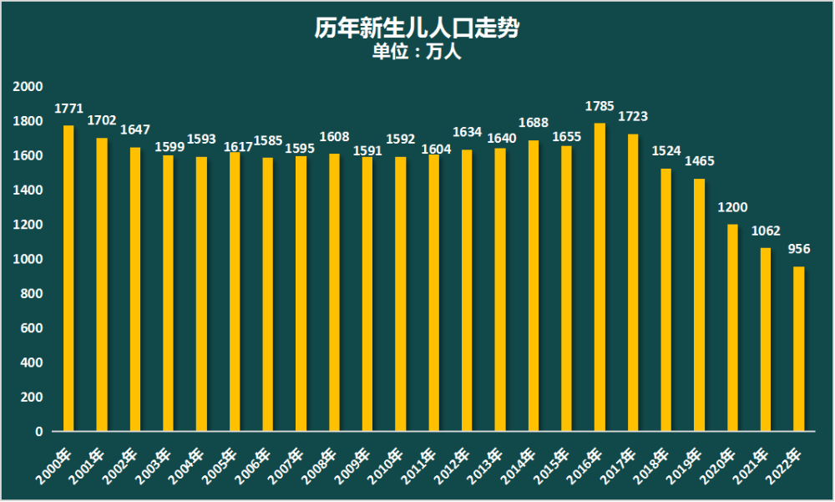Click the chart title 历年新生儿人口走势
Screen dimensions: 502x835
pyautogui.click(x=417, y=28)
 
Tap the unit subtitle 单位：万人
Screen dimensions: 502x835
pyautogui.click(x=417, y=52)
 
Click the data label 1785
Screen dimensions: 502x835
pyautogui.click(x=600, y=106)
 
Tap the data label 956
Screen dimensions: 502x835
pyautogui.click(x=799, y=249)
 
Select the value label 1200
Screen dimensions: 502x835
pyautogui.click(x=732, y=207)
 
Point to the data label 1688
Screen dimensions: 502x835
pyautogui.click(x=534, y=123)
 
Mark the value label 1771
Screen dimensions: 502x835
pyautogui.click(x=68, y=109)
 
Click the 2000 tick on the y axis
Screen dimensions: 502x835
pyautogui.click(x=28, y=87)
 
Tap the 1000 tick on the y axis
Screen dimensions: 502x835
pyautogui.click(x=28, y=260)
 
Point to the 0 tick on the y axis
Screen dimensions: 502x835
pyautogui.click(x=38, y=432)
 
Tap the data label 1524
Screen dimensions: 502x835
pyautogui.click(x=666, y=151)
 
